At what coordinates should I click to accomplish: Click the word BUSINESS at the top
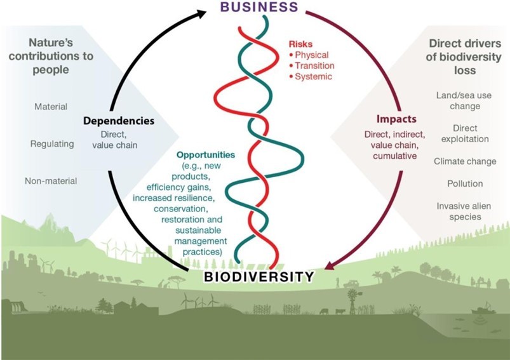tap(258, 8)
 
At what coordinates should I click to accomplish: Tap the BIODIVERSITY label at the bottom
tap(258, 277)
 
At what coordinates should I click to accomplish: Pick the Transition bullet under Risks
tap(311, 65)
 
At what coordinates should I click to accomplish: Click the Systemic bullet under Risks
tap(309, 77)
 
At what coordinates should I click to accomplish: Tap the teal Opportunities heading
tap(206, 154)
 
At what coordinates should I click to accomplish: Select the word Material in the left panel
tap(51, 107)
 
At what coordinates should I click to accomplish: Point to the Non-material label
tap(51, 181)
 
